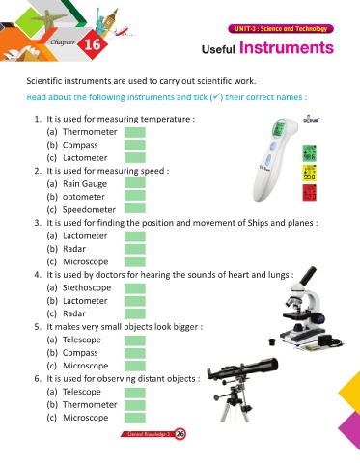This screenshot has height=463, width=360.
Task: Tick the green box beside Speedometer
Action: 135,208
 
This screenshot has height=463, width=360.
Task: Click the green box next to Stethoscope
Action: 135,288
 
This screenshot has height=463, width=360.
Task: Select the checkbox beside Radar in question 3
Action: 135,249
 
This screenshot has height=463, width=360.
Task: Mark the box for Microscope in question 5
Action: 135,366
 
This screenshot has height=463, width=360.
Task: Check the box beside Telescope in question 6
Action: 135,393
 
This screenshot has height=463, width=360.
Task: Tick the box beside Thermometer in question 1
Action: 135,132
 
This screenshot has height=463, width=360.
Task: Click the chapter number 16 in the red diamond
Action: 93,44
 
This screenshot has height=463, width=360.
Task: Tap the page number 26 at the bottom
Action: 180,434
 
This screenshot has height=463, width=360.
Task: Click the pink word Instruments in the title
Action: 287,48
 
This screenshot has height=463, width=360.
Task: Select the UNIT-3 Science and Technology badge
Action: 281,29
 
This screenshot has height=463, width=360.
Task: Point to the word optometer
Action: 84,197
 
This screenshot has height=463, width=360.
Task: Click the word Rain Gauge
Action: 85,184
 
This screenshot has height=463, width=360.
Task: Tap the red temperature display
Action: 310,193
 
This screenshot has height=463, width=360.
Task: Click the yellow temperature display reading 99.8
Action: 310,173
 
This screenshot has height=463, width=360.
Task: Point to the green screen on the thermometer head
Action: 278,129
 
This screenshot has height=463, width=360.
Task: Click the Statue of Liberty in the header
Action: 100,19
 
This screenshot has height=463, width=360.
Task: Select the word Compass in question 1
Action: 80,145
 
